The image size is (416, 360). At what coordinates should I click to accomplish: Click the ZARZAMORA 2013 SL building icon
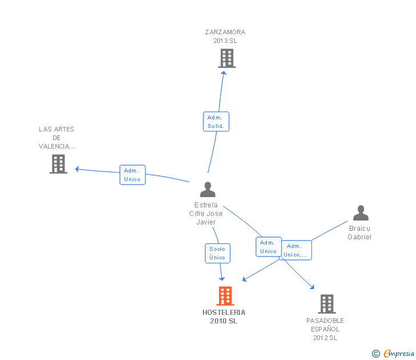click(227, 58)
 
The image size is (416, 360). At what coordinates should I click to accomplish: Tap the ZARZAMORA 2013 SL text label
click(225, 37)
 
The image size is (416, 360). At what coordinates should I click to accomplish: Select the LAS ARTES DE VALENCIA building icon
click(58, 164)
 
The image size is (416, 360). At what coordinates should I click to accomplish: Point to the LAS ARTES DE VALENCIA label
click(57, 138)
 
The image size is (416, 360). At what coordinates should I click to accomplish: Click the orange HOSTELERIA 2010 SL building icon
click(225, 296)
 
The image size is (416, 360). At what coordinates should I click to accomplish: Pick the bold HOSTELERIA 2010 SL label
click(224, 317)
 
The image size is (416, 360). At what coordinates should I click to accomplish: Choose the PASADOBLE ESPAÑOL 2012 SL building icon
click(327, 304)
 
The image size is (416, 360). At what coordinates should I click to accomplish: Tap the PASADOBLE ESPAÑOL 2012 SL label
click(325, 329)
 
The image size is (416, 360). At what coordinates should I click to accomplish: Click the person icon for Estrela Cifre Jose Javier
click(207, 189)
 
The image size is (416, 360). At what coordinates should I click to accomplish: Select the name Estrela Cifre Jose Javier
click(206, 213)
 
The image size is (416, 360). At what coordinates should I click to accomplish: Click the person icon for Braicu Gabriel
click(361, 213)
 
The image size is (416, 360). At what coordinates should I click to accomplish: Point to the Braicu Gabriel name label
click(359, 233)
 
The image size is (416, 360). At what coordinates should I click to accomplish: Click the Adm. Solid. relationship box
click(216, 121)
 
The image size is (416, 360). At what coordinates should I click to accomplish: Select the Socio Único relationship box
click(218, 253)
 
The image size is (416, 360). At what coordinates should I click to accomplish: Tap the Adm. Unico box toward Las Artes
click(133, 174)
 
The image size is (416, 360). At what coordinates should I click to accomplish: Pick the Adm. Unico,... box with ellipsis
click(296, 250)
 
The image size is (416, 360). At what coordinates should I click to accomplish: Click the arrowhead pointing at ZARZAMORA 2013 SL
click(223, 73)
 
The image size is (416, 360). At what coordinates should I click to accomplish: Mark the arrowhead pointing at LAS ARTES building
click(77, 169)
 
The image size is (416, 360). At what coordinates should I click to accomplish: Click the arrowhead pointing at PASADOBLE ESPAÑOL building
click(312, 286)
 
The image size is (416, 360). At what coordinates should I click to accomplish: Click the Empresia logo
click(393, 354)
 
